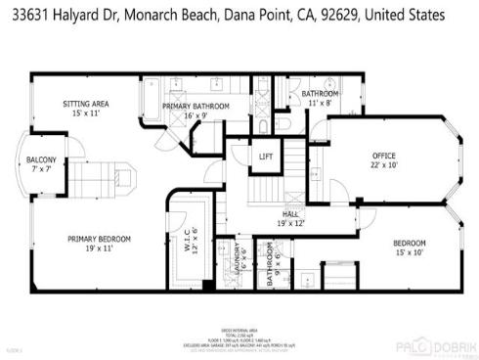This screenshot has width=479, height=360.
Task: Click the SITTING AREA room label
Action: [x=85, y=103]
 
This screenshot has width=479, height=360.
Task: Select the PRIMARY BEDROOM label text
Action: [x=99, y=238]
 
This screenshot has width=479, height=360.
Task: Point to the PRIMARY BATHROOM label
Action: [x=196, y=105]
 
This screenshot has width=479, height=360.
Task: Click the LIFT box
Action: [x=265, y=157]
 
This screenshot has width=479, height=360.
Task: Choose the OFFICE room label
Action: [x=383, y=156]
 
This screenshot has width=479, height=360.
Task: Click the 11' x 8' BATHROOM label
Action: [x=319, y=93]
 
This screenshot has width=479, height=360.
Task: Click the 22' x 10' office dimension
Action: [x=383, y=165]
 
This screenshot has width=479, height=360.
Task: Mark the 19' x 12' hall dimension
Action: [x=290, y=223]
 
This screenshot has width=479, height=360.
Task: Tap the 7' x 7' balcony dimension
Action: [x=41, y=169]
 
